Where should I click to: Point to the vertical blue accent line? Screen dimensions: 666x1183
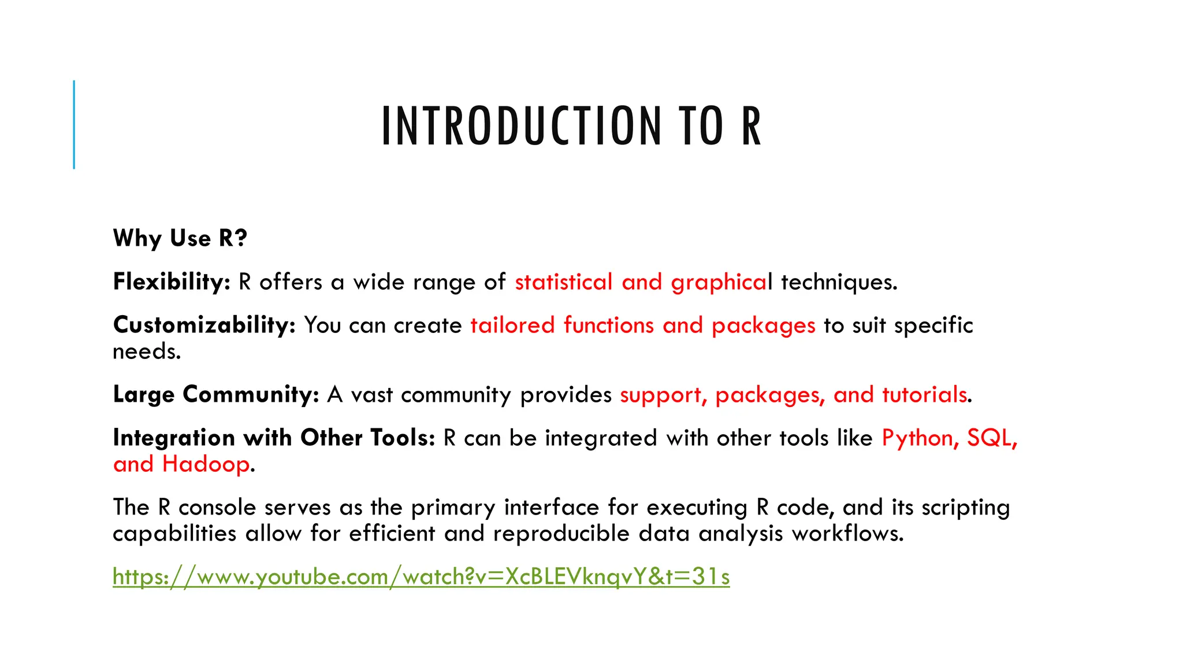(74, 124)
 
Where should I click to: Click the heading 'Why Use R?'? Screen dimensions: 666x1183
(180, 238)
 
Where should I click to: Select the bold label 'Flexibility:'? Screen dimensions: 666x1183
(172, 282)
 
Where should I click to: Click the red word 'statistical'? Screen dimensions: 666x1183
(563, 282)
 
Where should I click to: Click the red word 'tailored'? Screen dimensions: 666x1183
(512, 325)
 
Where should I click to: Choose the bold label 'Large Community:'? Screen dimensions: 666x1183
(216, 395)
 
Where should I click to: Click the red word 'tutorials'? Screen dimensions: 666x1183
(924, 395)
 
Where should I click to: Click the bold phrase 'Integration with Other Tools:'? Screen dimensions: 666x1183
(274, 438)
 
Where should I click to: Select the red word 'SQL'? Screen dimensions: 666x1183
(990, 438)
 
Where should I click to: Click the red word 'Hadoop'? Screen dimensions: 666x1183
(206, 464)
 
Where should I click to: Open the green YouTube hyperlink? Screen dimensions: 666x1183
(421, 577)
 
